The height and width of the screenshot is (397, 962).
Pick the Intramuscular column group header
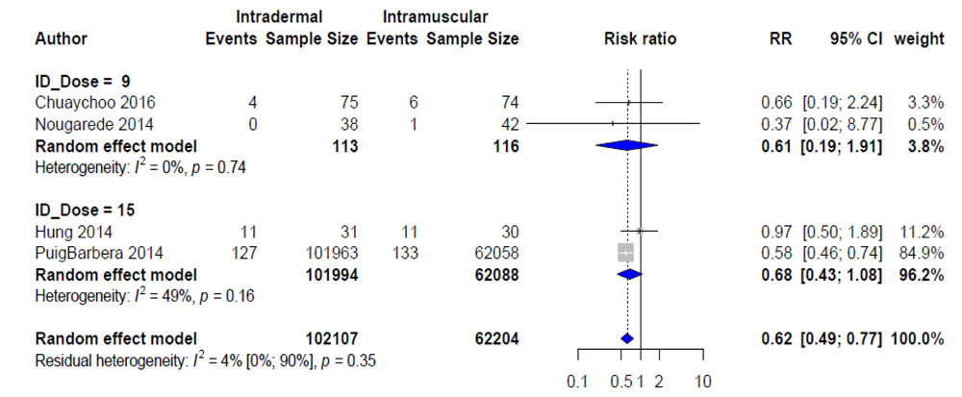tap(435, 17)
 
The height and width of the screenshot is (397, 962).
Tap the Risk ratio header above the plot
tap(640, 39)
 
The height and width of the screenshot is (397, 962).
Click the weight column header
tap(919, 39)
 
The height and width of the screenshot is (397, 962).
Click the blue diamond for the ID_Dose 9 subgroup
tap(626, 145)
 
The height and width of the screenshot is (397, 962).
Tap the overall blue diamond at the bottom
tap(627, 338)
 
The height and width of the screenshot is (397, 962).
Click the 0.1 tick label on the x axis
tap(577, 382)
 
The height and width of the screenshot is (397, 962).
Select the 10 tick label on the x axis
tap(703, 382)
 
